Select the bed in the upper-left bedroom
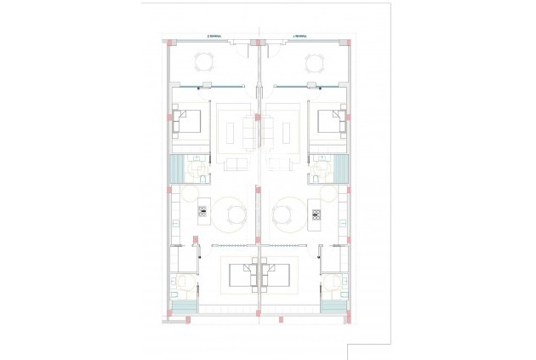[188, 122]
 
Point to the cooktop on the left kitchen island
[203, 212]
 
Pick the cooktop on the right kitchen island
[315, 212]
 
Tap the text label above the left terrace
[215, 36]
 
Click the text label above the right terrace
[299, 36]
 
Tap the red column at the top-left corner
[169, 42]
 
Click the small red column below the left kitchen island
[196, 239]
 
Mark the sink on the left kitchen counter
[174, 224]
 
